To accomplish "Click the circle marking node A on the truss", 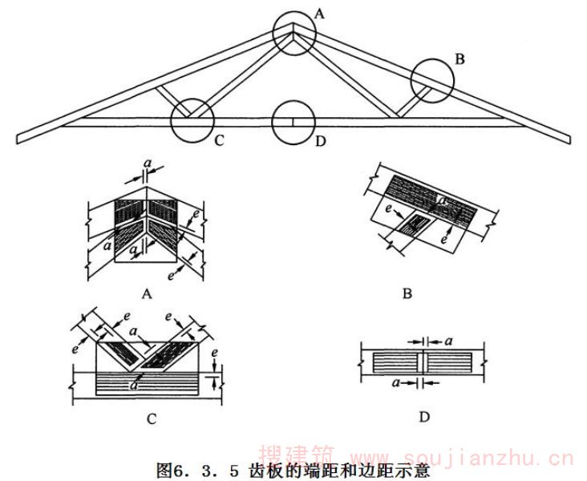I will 293,32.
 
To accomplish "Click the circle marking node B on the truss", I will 433,80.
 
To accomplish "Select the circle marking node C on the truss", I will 192,120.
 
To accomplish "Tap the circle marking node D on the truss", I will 293,122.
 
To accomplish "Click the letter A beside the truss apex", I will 318,13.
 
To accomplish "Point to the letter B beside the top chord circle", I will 459,58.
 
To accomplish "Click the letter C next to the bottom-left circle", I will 217,143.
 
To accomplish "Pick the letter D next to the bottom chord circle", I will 320,143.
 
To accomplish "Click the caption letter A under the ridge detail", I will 147,294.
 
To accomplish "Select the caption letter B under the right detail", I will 407,294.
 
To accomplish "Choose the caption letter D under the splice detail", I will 424,417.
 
